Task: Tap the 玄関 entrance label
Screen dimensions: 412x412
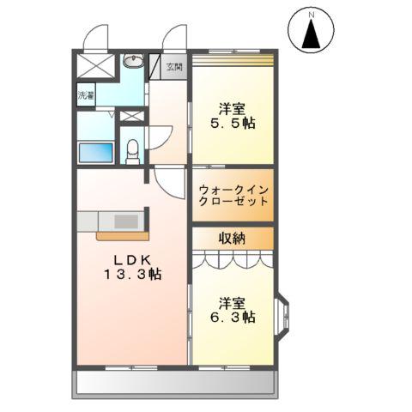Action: pyautogui.click(x=174, y=67)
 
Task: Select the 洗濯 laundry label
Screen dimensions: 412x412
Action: pyautogui.click(x=86, y=95)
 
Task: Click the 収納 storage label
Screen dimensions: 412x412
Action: pyautogui.click(x=232, y=238)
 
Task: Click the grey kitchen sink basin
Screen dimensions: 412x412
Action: pyautogui.click(x=125, y=221)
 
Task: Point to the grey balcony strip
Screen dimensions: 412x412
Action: pyautogui.click(x=176, y=383)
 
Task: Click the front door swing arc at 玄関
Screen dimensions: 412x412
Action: pyautogui.click(x=176, y=37)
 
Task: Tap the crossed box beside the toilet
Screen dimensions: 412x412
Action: pyautogui.click(x=130, y=116)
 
